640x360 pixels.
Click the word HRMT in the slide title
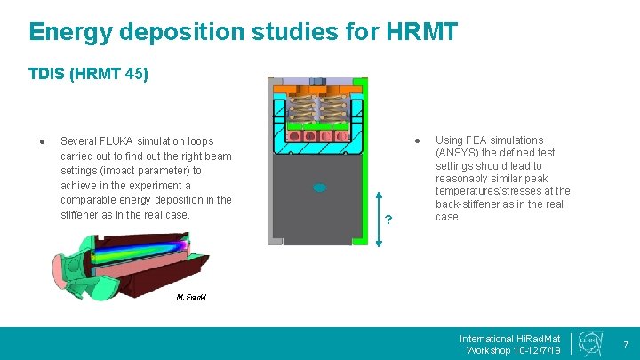point(422,32)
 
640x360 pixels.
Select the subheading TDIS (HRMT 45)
point(88,75)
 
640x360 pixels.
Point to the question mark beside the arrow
point(388,220)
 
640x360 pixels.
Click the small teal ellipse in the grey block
point(320,188)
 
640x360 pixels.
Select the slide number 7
point(625,344)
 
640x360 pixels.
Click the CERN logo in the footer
point(588,342)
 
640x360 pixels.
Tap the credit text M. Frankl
point(191,297)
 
